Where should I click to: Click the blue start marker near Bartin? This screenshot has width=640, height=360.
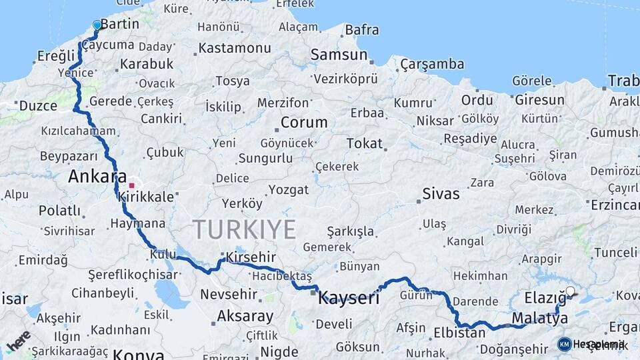click(x=97, y=25)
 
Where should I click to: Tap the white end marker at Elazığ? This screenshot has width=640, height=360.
click(x=570, y=291)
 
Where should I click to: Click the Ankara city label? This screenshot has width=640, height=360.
click(x=97, y=177)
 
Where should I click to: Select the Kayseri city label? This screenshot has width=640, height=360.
click(x=349, y=297)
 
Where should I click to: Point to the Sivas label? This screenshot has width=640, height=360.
click(x=441, y=194)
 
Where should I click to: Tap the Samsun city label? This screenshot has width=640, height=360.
click(x=339, y=55)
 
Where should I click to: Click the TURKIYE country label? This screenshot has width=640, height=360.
click(x=245, y=229)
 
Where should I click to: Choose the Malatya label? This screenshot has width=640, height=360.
click(x=540, y=318)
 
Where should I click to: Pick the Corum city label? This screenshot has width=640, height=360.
click(x=304, y=123)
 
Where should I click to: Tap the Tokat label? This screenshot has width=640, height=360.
click(x=365, y=143)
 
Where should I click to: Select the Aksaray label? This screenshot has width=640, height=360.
click(x=245, y=316)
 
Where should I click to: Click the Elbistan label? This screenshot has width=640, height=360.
click(x=459, y=332)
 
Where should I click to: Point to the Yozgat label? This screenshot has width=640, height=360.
click(x=289, y=189)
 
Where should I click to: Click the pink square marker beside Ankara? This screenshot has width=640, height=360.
click(x=132, y=185)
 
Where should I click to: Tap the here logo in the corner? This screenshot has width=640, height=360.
click(x=19, y=341)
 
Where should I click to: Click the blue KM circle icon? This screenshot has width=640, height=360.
click(x=564, y=344)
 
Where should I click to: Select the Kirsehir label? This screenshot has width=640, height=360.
click(x=251, y=257)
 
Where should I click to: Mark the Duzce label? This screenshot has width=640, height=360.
click(x=38, y=105)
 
